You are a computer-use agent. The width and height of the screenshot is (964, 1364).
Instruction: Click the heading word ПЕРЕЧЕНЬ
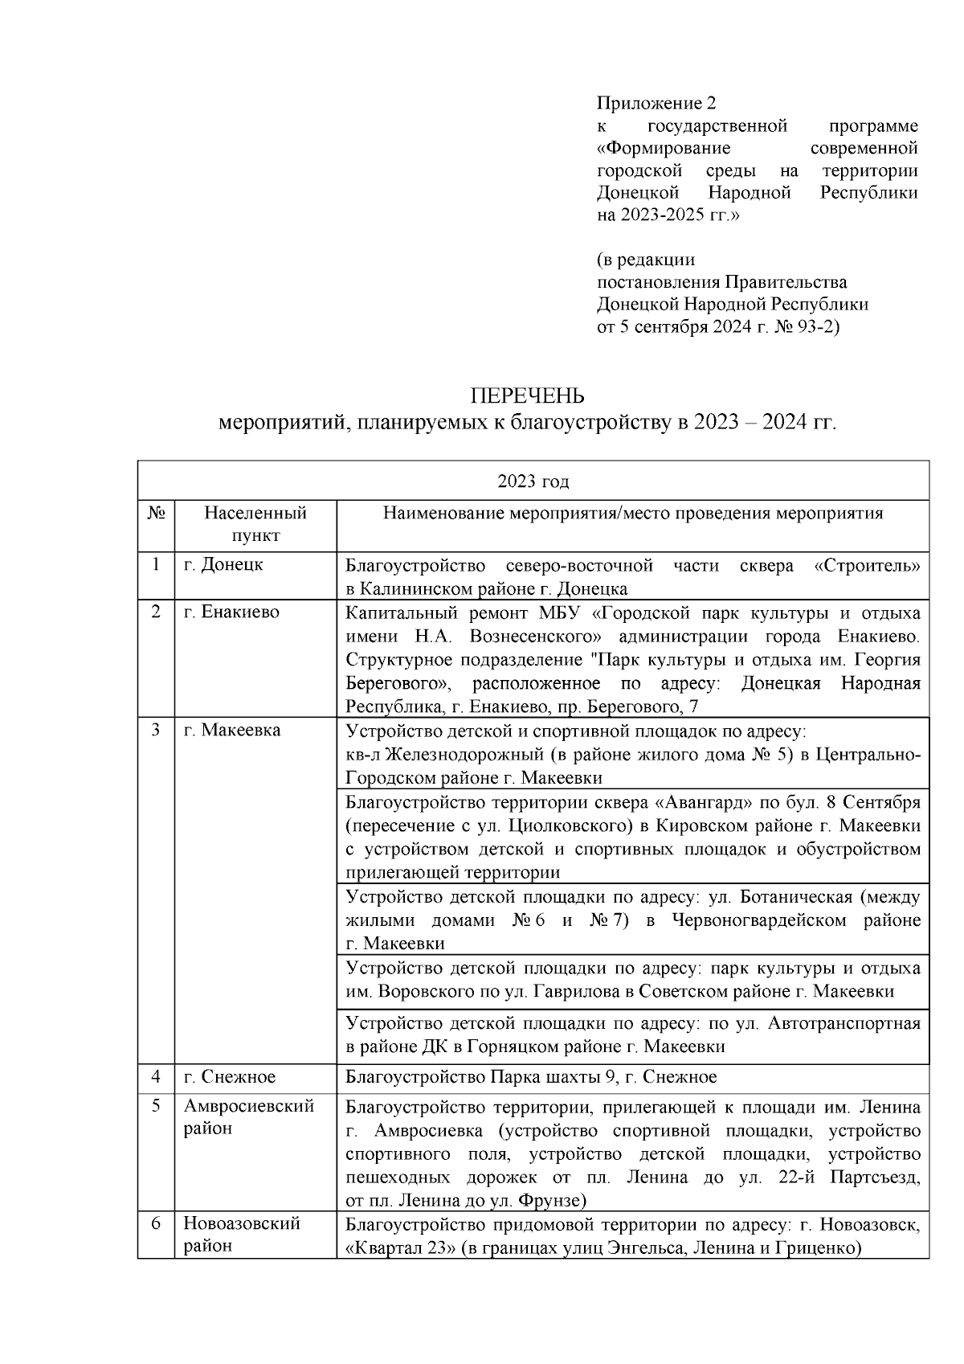click(527, 396)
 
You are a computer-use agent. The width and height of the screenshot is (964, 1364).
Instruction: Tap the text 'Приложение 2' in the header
click(656, 103)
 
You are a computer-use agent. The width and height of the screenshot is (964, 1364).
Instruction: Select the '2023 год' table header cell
click(533, 481)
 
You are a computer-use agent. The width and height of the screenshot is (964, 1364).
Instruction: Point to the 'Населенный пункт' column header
click(255, 524)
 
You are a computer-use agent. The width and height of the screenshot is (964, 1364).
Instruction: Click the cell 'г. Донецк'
click(223, 564)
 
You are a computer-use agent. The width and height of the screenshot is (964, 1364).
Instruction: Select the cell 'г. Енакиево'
click(231, 612)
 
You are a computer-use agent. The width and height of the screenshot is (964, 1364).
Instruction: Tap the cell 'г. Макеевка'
click(232, 731)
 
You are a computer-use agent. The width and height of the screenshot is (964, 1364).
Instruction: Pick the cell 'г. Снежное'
click(230, 1077)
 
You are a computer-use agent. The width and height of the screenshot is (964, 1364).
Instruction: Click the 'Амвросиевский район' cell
click(248, 1117)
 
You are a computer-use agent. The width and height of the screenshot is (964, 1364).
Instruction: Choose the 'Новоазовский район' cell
click(242, 1235)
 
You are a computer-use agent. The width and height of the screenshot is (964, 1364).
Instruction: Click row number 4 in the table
click(156, 1077)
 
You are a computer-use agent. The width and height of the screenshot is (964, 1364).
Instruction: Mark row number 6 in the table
click(156, 1224)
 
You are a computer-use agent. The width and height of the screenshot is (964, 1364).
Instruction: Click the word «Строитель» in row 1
click(867, 565)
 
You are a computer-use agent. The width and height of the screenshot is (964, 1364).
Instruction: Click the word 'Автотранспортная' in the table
click(844, 1023)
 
